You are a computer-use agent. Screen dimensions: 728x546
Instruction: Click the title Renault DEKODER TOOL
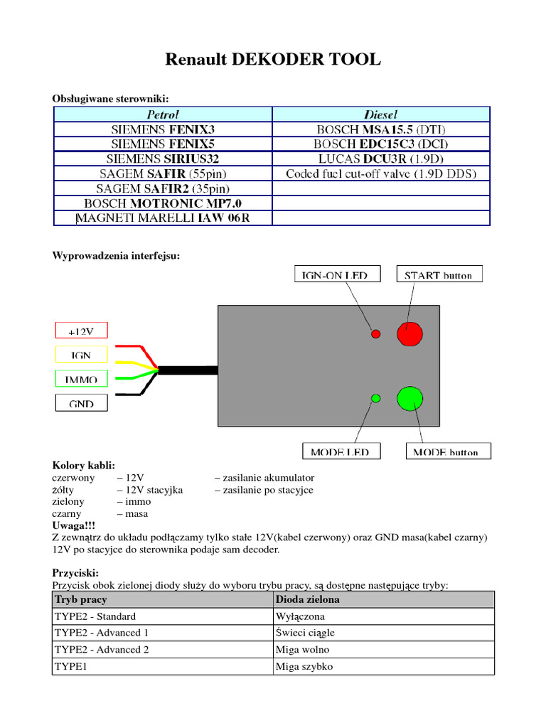coord(273,60)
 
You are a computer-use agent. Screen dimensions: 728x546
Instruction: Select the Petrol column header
coord(163,114)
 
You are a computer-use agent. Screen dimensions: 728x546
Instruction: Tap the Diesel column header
coord(381,114)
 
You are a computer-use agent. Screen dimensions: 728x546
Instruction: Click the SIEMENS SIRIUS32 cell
coord(163,159)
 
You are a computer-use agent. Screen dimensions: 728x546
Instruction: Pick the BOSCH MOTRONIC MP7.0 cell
coord(163,203)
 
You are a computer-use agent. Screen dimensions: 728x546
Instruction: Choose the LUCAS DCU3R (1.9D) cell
coord(381,159)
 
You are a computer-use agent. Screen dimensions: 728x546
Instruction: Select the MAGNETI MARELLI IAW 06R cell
coord(163,218)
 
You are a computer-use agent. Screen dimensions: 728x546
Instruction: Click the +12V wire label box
coord(82,331)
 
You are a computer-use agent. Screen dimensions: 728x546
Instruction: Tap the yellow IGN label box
coord(82,354)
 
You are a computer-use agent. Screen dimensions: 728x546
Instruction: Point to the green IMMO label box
coord(82,379)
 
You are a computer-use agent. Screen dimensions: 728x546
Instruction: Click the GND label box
coord(82,403)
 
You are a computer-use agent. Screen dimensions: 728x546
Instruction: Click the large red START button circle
coord(409,333)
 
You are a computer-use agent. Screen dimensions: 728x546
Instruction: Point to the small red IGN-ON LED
coord(375,333)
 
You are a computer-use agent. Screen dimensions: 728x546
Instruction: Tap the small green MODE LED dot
coord(376,398)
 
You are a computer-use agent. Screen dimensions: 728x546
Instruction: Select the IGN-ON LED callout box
coord(337,274)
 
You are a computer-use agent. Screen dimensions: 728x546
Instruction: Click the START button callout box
coord(438,274)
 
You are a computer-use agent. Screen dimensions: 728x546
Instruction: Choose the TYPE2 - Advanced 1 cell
coord(163,633)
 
